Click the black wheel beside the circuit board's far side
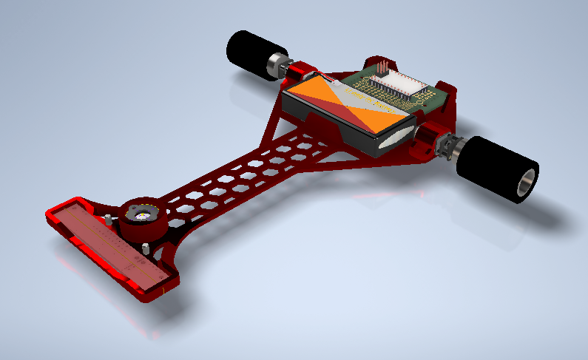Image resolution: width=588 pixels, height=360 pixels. point(248,53)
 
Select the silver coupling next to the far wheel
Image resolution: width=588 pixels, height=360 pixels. point(278,64)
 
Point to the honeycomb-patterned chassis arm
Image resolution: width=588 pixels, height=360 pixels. point(237,177)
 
